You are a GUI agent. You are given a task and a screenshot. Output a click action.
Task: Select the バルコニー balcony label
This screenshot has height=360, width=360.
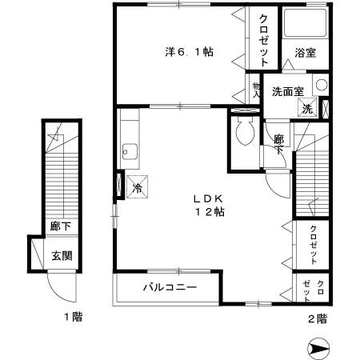(x=170, y=286)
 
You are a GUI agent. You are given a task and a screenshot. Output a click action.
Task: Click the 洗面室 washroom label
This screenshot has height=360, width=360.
(x=286, y=90)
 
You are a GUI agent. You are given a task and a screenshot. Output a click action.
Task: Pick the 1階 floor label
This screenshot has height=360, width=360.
(x=73, y=318)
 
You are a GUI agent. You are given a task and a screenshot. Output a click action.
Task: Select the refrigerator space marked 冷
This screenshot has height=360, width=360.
(x=137, y=188)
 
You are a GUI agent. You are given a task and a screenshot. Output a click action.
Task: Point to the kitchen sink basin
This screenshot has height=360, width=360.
(x=129, y=149)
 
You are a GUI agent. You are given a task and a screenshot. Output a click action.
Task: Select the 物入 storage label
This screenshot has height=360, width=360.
(x=257, y=89)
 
